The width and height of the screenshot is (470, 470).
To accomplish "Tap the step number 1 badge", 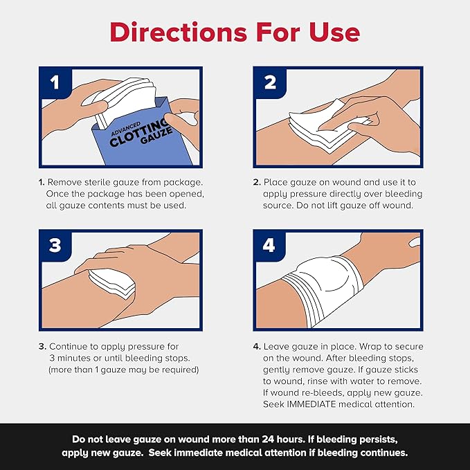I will [55, 82].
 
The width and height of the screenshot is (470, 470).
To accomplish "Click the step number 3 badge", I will [55, 246].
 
